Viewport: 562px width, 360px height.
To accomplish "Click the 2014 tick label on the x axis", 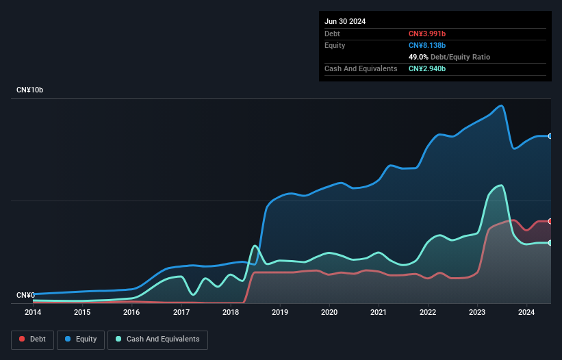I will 33,312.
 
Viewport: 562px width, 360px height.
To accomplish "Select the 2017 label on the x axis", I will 181,312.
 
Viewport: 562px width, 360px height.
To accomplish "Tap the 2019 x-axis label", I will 280,312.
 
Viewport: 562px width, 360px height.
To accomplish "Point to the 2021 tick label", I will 379,312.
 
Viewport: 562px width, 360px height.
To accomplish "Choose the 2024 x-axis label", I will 526,312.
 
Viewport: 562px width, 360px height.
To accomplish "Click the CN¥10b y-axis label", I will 31,90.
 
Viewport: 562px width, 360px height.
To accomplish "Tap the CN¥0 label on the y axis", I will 25,295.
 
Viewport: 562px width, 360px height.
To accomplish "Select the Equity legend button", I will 81,339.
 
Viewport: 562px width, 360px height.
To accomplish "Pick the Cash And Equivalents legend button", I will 157,339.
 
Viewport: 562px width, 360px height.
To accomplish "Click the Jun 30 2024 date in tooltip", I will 345,21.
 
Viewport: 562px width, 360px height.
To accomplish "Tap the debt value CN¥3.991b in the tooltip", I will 427,34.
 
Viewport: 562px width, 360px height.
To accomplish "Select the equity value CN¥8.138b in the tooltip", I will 427,45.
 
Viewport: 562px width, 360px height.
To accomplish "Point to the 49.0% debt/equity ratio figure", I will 419,57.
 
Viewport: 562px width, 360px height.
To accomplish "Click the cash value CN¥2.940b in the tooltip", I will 427,68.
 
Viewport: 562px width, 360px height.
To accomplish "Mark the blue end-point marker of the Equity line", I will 550,136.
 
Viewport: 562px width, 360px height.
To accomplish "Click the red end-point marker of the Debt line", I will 550,221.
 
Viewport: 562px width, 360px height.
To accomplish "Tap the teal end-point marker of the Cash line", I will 550,243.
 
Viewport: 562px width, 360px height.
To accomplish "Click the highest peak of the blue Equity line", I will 502,105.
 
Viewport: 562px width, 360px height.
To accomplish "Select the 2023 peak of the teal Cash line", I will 502,185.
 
